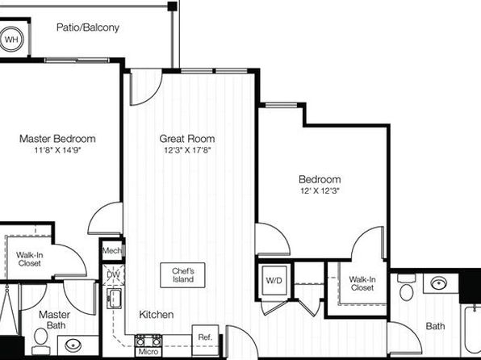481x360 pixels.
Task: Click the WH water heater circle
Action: tap(11, 40)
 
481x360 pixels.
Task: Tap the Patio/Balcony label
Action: tap(88, 27)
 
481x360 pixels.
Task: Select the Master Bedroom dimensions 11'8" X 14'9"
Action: tap(57, 150)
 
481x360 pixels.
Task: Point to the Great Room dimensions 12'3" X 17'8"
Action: tap(188, 150)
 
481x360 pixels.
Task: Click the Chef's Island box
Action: tap(182, 275)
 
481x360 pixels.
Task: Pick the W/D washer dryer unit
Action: tap(274, 281)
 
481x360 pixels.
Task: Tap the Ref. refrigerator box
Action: tap(205, 337)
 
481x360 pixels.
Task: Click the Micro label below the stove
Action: tap(148, 352)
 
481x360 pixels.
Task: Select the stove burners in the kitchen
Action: tap(148, 341)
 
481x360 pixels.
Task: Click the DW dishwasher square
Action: tap(113, 274)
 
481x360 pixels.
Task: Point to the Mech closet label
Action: tap(112, 251)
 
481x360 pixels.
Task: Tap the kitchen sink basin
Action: tap(114, 299)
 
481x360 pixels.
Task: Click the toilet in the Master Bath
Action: tap(40, 341)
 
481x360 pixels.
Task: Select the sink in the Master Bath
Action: tap(73, 345)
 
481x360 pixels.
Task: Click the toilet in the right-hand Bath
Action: tap(407, 288)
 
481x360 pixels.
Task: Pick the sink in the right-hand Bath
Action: tap(439, 283)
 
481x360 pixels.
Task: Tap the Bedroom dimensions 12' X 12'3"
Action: tap(320, 190)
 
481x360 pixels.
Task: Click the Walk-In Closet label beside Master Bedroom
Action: tap(29, 259)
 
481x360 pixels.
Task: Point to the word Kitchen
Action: tap(156, 315)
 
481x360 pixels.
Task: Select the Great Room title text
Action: tap(187, 139)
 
